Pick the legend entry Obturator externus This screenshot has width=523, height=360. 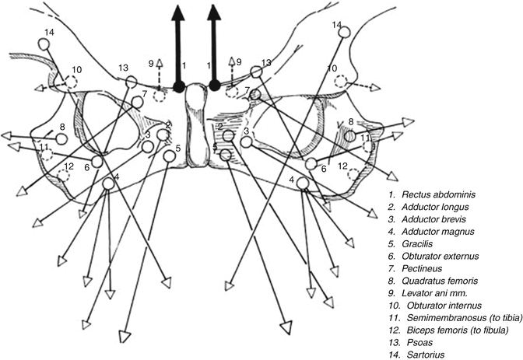(x=441, y=256)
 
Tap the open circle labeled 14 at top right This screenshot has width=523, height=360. (x=346, y=33)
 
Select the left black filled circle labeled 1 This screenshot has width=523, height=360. (x=178, y=86)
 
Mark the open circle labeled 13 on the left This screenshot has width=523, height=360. (x=132, y=81)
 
